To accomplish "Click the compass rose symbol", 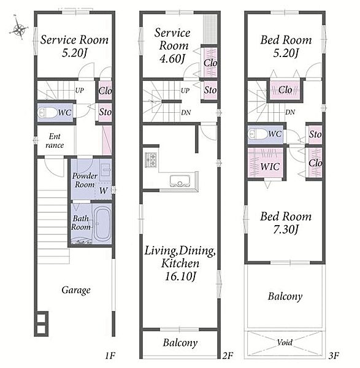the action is pyautogui.click(x=19, y=29).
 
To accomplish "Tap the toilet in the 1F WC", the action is pyautogui.click(x=48, y=113).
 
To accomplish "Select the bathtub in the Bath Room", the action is pyautogui.click(x=102, y=224).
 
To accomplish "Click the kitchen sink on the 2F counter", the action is pyautogui.click(x=180, y=181).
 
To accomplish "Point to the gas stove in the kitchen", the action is pyautogui.click(x=151, y=160).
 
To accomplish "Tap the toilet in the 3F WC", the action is pyautogui.click(x=258, y=134).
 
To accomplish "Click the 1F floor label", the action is pyautogui.click(x=110, y=356).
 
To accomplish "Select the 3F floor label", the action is pyautogui.click(x=334, y=356).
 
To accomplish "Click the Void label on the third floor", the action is pyautogui.click(x=285, y=343).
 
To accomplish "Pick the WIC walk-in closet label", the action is pyautogui.click(x=270, y=167).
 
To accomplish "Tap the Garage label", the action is pyautogui.click(x=76, y=290).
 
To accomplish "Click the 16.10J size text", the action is pyautogui.click(x=180, y=277).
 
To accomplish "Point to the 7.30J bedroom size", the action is pyautogui.click(x=286, y=229).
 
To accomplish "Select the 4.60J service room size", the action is pyautogui.click(x=172, y=58).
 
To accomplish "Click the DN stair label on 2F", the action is pyautogui.click(x=186, y=113).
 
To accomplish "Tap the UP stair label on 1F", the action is pyautogui.click(x=80, y=90).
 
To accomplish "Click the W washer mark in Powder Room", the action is pyautogui.click(x=103, y=191).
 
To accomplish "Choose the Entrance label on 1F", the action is pyautogui.click(x=55, y=140).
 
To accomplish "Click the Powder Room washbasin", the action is pyautogui.click(x=105, y=170).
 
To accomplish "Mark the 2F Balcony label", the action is pyautogui.click(x=180, y=343).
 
